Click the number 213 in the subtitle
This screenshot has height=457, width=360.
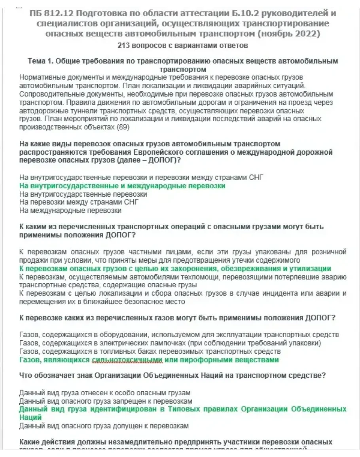pyautogui.click(x=124, y=46)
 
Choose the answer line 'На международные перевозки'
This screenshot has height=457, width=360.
pyautogui.click(x=70, y=210)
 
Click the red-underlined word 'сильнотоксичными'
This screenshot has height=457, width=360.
pyautogui.click(x=127, y=360)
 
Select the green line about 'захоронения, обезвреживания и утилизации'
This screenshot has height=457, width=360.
pyautogui.click(x=175, y=269)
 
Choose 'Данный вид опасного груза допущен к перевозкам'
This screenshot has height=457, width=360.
pyautogui.click(x=104, y=426)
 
